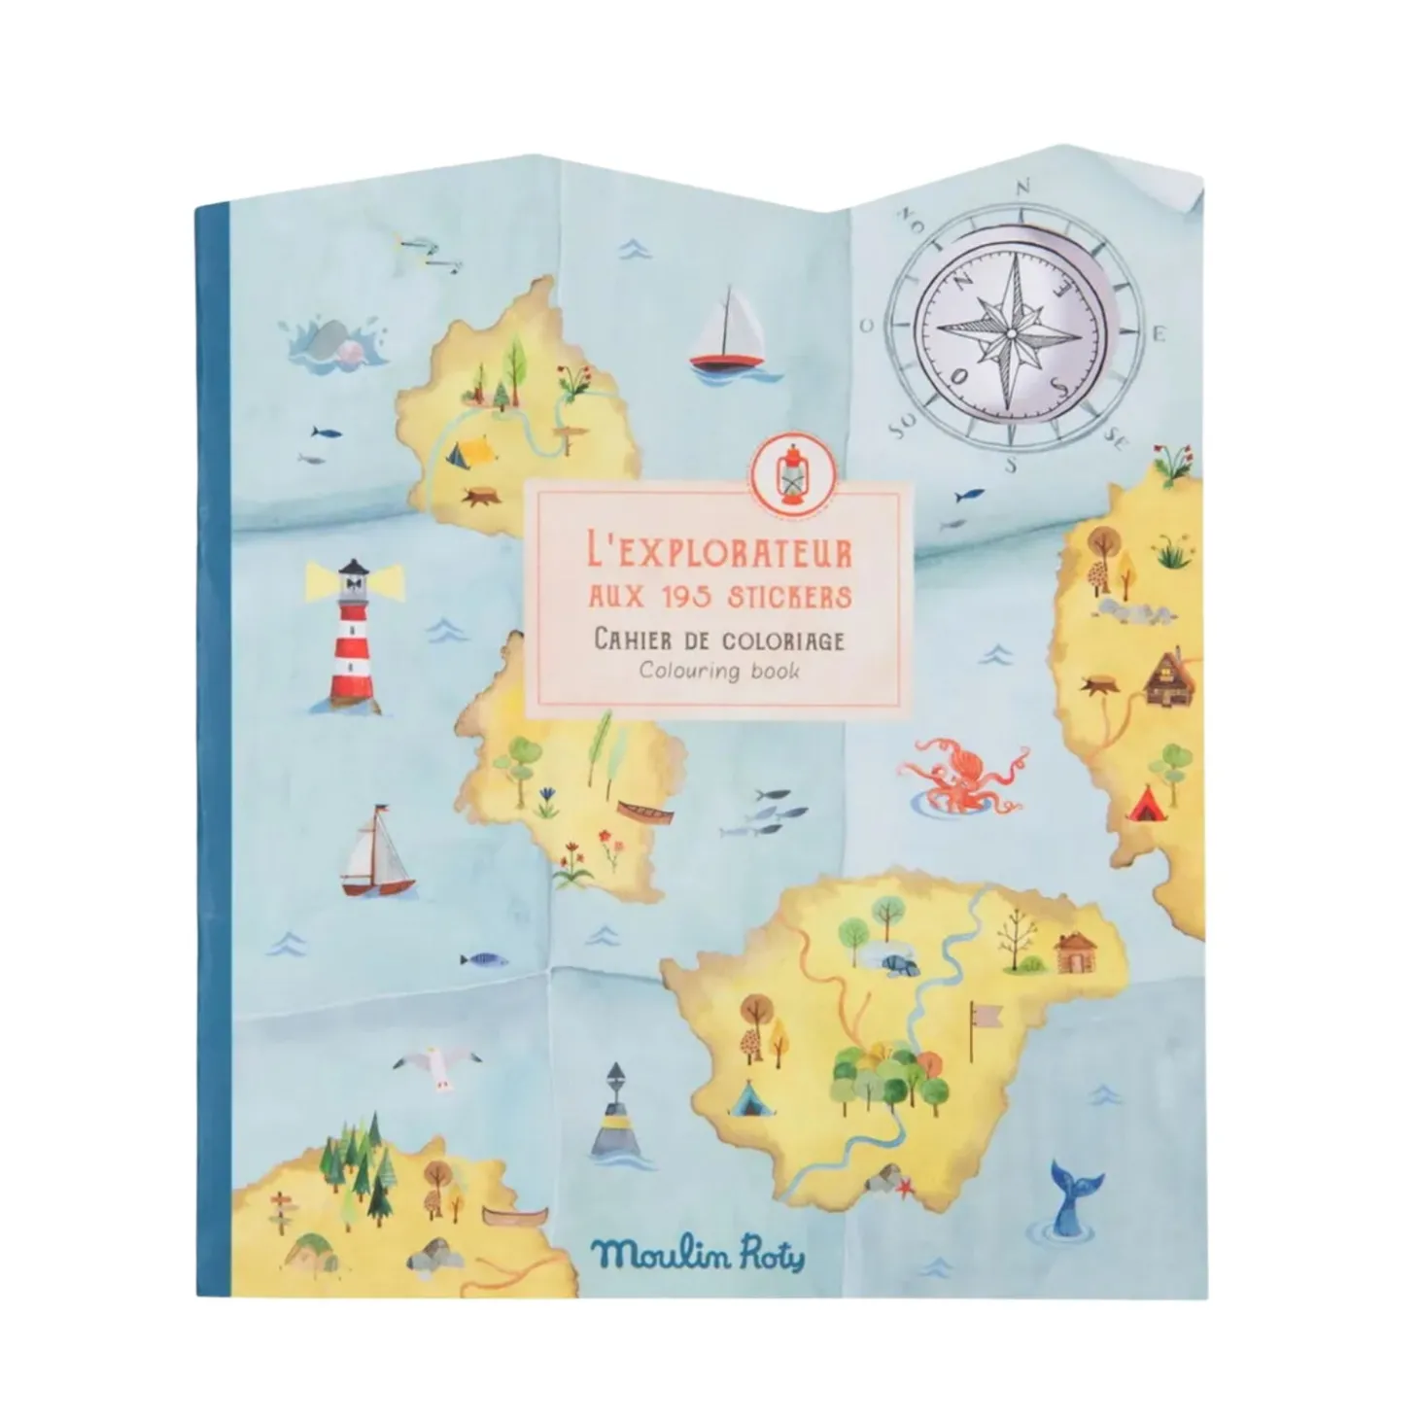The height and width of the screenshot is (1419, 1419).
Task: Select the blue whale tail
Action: (1070, 1196)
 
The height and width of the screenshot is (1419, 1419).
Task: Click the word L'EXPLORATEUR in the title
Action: (720, 555)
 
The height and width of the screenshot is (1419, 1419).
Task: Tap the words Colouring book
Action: (719, 671)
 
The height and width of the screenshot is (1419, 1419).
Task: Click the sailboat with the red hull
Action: (725, 332)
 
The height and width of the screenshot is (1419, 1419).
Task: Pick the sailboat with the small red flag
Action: (377, 853)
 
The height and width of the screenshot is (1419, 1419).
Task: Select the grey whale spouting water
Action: (330, 343)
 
